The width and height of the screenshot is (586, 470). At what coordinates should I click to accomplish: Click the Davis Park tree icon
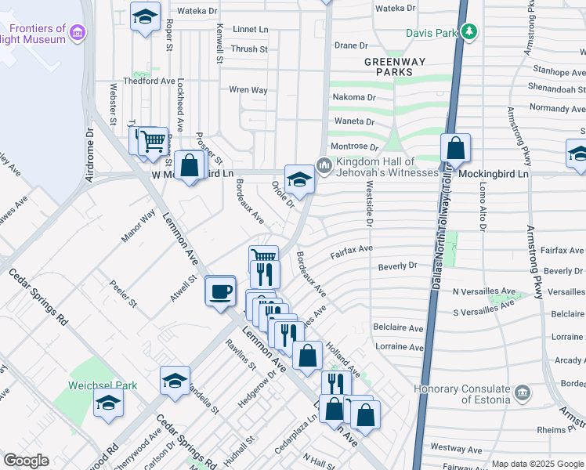tap(469, 32)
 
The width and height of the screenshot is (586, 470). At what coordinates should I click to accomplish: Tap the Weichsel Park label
tap(103, 385)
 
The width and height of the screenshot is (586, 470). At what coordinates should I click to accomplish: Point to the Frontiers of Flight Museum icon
tap(77, 32)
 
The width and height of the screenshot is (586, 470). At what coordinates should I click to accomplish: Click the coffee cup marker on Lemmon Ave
tap(220, 291)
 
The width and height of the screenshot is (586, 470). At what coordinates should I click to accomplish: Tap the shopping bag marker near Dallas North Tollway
tap(455, 149)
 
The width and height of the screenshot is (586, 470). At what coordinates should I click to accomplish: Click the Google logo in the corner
tap(27, 461)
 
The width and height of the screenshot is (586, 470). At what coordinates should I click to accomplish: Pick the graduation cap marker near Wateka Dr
tap(145, 16)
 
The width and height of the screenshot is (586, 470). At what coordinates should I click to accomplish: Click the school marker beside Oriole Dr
tap(298, 179)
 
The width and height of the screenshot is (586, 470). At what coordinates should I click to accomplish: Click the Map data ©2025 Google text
tap(537, 464)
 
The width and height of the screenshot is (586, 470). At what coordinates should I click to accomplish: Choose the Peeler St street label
tap(123, 292)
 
